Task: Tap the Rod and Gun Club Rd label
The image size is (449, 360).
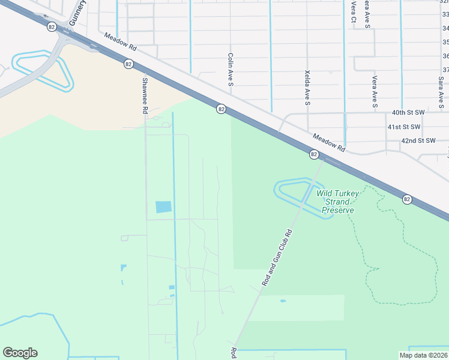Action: (x=277, y=257)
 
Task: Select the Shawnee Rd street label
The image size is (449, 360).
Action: (x=145, y=95)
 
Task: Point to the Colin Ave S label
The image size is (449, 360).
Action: (x=230, y=70)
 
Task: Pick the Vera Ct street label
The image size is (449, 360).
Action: (x=353, y=12)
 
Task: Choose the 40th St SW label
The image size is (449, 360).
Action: (x=408, y=112)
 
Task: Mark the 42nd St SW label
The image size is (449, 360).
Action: (x=418, y=140)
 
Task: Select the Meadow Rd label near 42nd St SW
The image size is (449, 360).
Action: (x=329, y=143)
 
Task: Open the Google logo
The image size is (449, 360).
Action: (x=20, y=353)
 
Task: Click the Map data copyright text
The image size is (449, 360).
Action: (x=423, y=355)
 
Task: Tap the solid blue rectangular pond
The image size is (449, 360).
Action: (x=163, y=207)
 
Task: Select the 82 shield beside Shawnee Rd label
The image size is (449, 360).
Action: (x=128, y=64)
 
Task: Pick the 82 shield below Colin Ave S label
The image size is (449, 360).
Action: (x=221, y=109)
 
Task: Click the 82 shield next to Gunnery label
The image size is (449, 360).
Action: (x=52, y=26)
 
